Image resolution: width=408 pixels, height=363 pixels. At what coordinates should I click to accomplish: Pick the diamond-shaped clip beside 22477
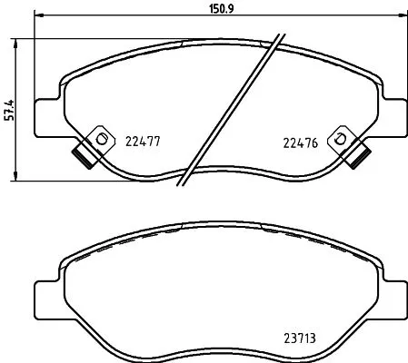pyautogui.click(x=100, y=139)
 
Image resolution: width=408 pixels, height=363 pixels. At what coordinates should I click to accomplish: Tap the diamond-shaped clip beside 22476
pyautogui.click(x=341, y=139)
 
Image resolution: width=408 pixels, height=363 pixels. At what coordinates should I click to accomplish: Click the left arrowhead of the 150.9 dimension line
pyautogui.click(x=39, y=18)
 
